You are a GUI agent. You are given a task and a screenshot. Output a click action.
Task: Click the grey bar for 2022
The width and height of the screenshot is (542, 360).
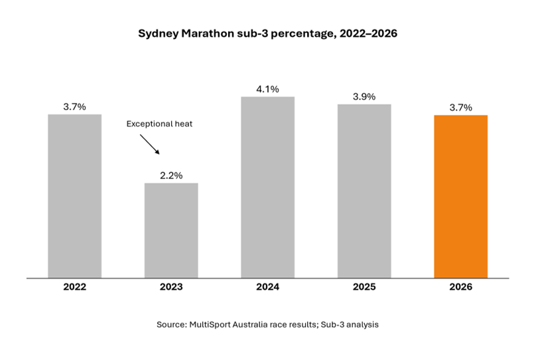tap(75, 196)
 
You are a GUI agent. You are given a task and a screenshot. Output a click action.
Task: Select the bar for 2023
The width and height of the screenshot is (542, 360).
tap(171, 231)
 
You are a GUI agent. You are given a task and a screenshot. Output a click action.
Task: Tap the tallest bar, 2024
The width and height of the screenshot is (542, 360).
tap(268, 187)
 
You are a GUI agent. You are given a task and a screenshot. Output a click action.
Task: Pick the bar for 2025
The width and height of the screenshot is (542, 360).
tap(364, 191)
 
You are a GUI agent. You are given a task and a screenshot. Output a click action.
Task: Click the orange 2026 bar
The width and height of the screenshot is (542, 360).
tap(461, 197)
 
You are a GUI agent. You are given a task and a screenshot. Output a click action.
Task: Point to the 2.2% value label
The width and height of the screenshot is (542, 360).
tap(171, 176)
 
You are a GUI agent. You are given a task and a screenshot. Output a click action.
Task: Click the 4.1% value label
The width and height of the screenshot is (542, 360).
tap(267, 89)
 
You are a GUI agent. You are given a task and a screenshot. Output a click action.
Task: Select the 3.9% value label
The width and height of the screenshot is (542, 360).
tap(364, 97)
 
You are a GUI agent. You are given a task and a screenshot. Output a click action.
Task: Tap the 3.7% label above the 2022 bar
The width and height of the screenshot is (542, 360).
tap(75, 107)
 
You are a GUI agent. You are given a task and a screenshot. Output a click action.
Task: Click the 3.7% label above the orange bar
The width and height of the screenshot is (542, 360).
tap(461, 107)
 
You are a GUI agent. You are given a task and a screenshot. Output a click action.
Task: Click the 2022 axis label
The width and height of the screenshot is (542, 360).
tap(75, 287)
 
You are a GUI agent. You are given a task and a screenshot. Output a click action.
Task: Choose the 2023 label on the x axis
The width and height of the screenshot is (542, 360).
tap(171, 287)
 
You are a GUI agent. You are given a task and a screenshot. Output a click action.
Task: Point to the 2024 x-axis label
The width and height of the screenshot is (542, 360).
tap(267, 287)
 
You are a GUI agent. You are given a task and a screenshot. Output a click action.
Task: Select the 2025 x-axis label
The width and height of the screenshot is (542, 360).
tap(364, 287)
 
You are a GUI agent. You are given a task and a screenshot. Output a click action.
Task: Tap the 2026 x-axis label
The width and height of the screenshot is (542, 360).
tap(461, 287)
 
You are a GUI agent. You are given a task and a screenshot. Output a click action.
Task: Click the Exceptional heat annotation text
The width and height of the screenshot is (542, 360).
tap(159, 124)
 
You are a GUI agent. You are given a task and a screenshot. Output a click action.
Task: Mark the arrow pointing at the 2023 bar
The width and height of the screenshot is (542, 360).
tap(150, 145)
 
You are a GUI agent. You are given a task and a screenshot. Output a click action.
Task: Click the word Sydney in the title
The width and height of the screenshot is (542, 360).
tap(159, 34)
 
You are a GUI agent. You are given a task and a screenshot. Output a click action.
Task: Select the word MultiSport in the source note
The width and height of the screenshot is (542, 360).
tap(210, 325)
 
